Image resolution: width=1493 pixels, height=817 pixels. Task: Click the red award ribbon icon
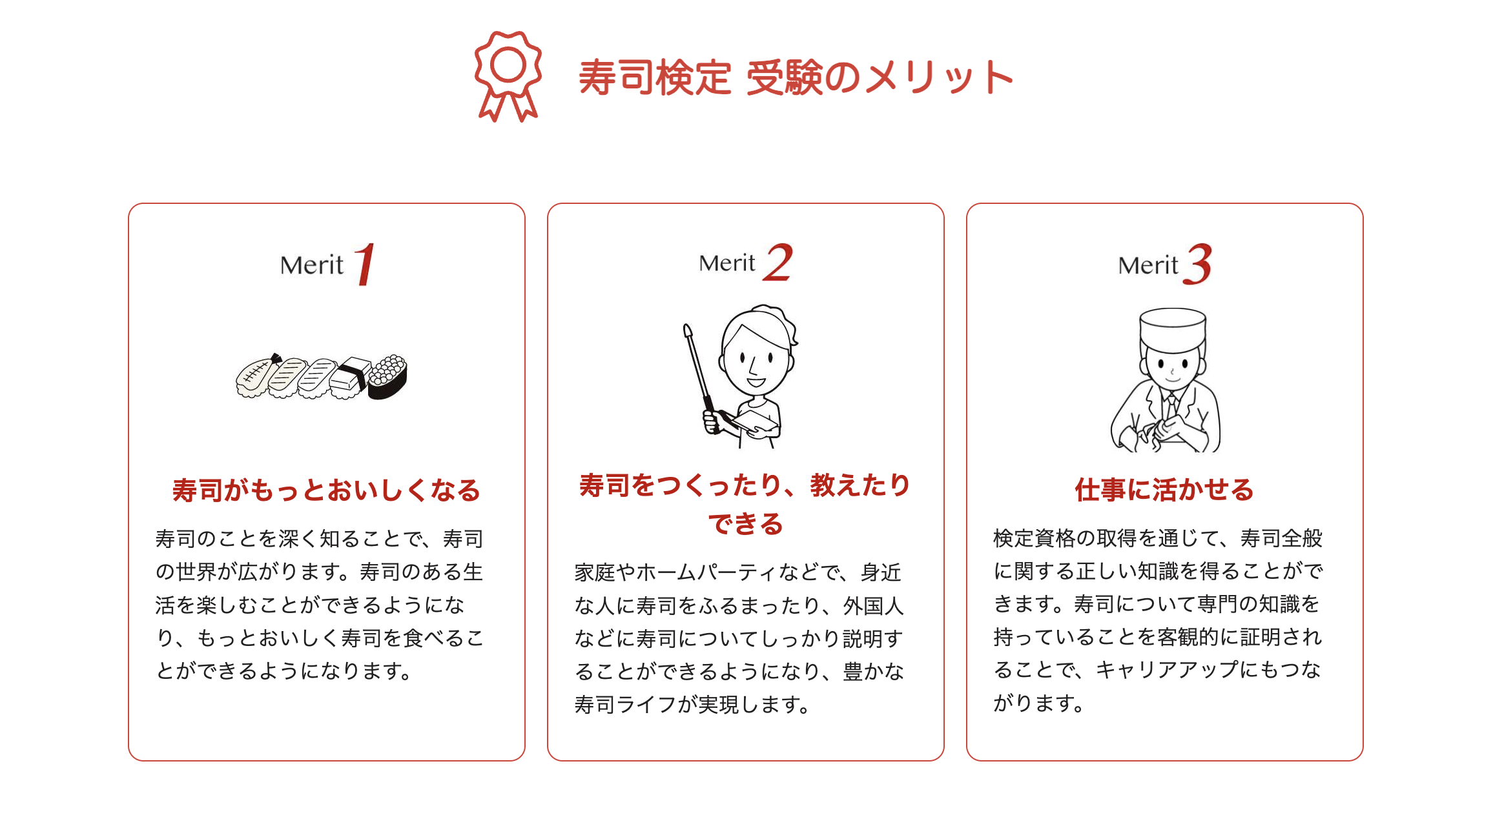point(508,76)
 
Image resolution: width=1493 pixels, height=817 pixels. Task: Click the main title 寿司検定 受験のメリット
point(796,78)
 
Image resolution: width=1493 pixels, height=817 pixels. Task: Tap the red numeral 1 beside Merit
point(366,264)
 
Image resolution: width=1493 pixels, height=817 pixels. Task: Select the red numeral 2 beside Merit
point(778,262)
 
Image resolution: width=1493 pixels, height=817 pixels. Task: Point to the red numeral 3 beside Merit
point(1198,264)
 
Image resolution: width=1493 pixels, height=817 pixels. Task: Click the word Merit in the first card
point(312,265)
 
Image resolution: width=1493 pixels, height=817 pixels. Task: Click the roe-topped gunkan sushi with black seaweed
point(387,376)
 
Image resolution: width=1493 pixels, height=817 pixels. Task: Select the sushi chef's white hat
point(1173,329)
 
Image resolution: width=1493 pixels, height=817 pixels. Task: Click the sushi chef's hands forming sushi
point(1159,432)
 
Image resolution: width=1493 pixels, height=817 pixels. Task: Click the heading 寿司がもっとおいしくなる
point(327,490)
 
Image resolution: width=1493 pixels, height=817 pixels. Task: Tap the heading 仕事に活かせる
point(1164,490)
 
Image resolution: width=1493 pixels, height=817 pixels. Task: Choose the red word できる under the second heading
point(746,523)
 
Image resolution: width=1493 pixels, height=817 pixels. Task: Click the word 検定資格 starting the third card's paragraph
point(1035,538)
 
